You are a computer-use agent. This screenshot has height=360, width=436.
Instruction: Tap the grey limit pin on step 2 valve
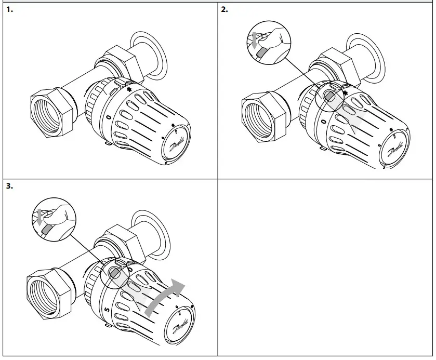point(329,97)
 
